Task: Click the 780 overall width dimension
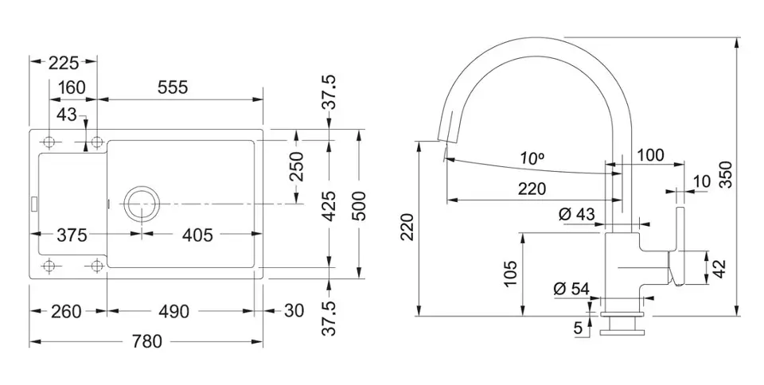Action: [146, 342]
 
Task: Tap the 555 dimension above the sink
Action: [173, 87]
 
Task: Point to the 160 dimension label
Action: [72, 87]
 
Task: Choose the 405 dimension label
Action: [197, 235]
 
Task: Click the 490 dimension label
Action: [173, 311]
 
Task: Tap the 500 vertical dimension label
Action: [359, 205]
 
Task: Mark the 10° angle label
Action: [531, 159]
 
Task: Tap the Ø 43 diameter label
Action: [576, 214]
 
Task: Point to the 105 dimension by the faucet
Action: [510, 272]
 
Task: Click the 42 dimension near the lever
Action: [718, 267]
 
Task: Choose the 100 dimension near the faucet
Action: [650, 156]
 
